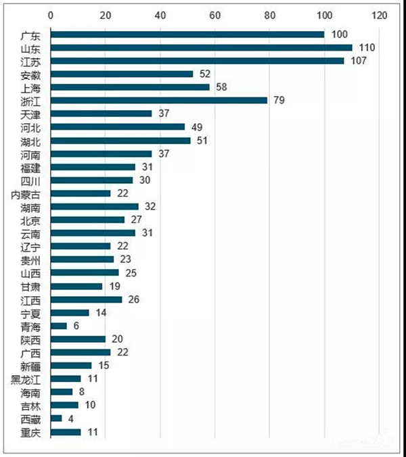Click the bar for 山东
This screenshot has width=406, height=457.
201,47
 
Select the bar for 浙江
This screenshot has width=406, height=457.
159,100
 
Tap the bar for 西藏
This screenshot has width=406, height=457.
56,418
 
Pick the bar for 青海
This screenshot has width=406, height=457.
59,326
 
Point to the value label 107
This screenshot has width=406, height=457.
357,61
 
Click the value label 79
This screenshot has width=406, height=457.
278,100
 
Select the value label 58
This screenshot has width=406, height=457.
221,87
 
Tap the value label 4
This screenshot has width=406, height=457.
69,418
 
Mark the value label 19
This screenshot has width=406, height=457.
112,286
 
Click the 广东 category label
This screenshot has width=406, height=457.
31,34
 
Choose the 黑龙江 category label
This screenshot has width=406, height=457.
26,379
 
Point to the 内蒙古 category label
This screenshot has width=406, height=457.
26,193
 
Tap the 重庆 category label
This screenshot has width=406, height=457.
31,431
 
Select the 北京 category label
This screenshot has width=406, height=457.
31,220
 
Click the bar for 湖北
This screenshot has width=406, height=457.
120,140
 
